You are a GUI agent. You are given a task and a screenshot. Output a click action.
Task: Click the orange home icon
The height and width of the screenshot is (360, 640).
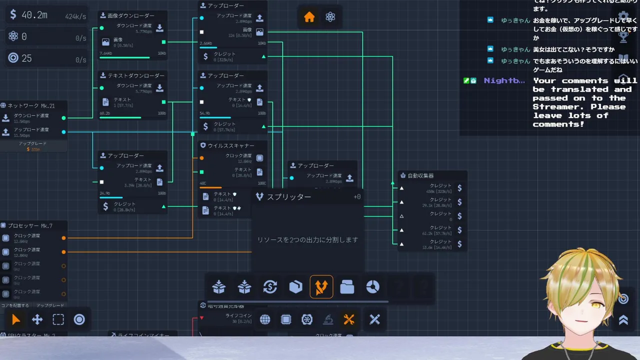[x=309, y=17]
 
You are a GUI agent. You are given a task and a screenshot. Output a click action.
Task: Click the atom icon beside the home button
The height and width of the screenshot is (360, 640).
[x=330, y=17]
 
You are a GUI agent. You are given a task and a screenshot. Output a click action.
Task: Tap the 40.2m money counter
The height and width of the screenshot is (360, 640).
[x=34, y=15]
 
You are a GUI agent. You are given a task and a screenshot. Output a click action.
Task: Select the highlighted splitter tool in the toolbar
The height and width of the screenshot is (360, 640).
[x=321, y=287]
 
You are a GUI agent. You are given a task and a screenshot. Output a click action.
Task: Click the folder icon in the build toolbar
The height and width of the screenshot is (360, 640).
[x=347, y=287]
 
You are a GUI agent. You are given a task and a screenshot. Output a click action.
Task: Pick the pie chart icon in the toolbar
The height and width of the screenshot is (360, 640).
[x=372, y=287]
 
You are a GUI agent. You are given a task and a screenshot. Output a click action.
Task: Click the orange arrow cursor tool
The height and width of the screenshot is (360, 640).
[x=16, y=320]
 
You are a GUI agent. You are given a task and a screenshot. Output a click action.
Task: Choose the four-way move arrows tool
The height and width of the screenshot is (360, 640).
[x=37, y=320]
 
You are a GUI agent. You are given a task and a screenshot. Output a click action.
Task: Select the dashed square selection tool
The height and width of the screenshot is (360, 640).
[x=58, y=320]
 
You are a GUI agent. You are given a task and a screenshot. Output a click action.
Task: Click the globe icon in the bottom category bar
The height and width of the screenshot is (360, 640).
[x=265, y=320]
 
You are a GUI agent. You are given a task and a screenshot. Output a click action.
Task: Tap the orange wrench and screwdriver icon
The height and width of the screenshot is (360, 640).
[x=349, y=320]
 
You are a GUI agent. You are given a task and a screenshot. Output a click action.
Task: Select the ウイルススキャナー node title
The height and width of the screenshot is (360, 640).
[x=230, y=145]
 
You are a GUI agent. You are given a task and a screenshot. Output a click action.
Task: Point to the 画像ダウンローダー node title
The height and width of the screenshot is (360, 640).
[x=130, y=15]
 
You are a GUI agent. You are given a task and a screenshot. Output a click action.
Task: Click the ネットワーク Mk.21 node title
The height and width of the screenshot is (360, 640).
[x=31, y=105]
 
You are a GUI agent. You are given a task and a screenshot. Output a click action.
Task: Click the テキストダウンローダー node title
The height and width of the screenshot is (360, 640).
[x=135, y=75]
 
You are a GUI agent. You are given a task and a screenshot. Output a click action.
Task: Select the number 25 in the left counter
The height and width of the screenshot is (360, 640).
[x=26, y=58]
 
